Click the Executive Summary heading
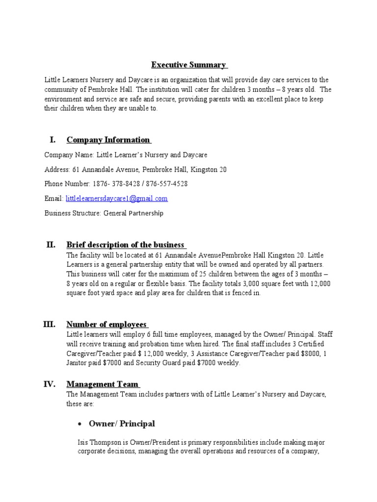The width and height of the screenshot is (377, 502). [188, 65]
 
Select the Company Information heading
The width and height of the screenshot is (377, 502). [108, 140]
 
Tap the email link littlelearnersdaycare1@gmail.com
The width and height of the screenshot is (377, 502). [117, 199]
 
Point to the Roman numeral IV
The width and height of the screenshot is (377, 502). [52, 384]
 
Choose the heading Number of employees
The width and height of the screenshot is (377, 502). [107, 325]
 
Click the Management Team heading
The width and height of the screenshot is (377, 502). [103, 384]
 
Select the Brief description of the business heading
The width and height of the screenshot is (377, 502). [125, 245]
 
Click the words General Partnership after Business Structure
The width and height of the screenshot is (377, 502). [134, 213]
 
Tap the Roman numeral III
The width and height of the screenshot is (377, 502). [52, 324]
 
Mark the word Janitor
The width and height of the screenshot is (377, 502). [78, 363]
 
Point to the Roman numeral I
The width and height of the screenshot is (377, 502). [53, 140]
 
